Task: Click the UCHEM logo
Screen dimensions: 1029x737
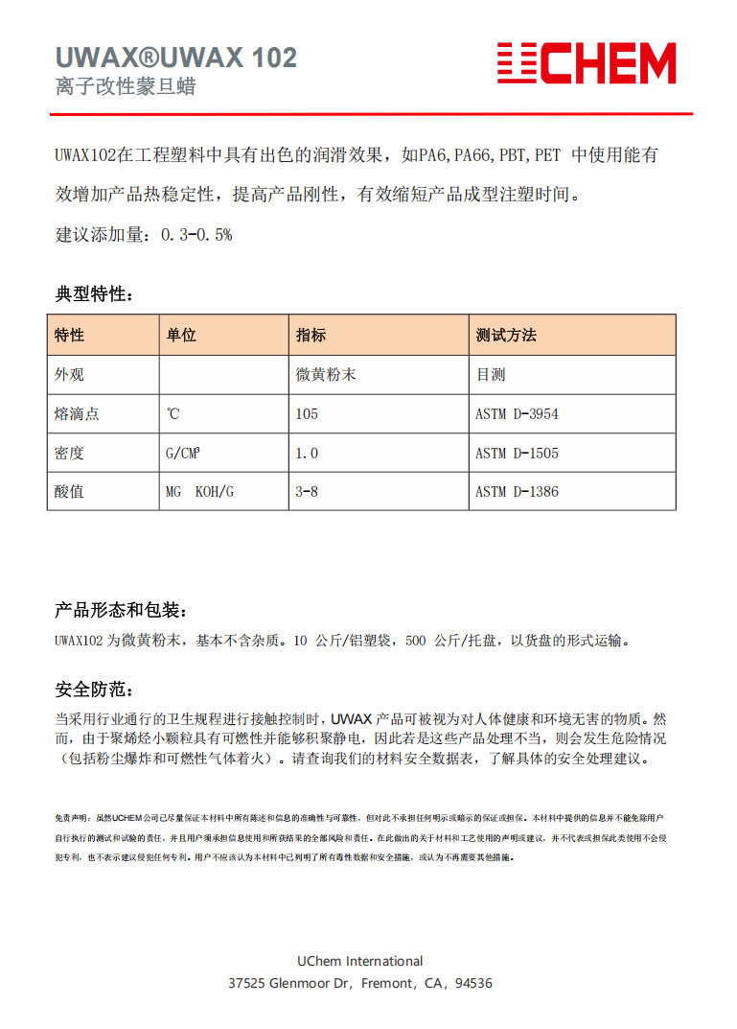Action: click(586, 63)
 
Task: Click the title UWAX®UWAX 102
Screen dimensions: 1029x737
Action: click(176, 58)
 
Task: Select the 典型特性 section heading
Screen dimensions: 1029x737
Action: click(94, 293)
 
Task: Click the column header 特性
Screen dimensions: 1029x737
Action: click(70, 335)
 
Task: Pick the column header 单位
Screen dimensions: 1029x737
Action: click(181, 335)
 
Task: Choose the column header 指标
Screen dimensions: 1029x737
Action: click(311, 335)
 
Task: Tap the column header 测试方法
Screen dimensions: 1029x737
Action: click(506, 335)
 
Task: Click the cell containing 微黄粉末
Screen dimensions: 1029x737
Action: click(326, 375)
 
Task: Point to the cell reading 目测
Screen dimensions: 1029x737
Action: click(491, 375)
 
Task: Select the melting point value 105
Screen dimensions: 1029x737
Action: click(307, 414)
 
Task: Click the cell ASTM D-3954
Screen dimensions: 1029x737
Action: click(517, 414)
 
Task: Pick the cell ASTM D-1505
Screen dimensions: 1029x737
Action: click(517, 453)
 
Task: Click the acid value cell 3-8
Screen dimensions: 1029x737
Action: click(307, 492)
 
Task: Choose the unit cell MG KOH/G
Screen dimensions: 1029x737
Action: click(199, 492)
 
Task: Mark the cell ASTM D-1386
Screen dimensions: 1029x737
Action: click(517, 492)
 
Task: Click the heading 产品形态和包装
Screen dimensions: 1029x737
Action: click(121, 610)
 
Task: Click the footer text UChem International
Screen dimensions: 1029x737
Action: click(360, 961)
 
